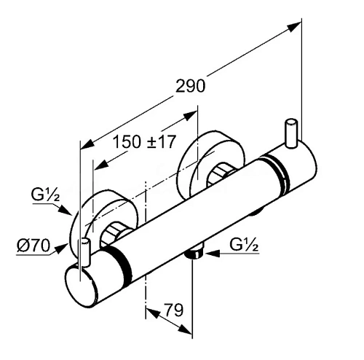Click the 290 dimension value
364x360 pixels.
(x=190, y=86)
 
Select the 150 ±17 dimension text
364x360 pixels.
(x=144, y=142)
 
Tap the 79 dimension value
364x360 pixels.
(x=173, y=310)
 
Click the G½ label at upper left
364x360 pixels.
(x=45, y=195)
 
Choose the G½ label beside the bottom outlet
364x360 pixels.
(x=244, y=245)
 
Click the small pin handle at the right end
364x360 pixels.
(x=291, y=133)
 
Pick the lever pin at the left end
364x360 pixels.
(x=84, y=251)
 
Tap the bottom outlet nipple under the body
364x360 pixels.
(x=194, y=254)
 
